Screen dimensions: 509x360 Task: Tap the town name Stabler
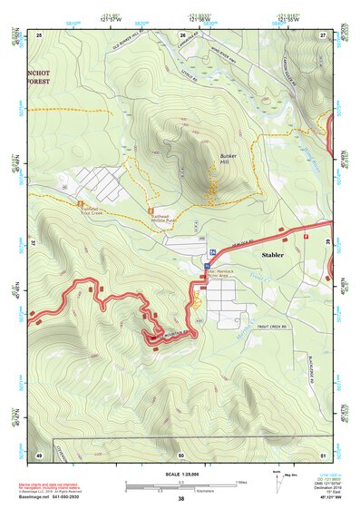click(274, 256)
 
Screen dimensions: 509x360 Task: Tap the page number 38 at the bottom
click(181, 498)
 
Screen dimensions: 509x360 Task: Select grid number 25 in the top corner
click(40, 34)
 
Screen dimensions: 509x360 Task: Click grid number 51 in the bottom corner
click(323, 453)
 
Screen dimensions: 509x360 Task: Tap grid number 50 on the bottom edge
click(181, 453)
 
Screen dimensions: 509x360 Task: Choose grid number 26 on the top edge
click(181, 34)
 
